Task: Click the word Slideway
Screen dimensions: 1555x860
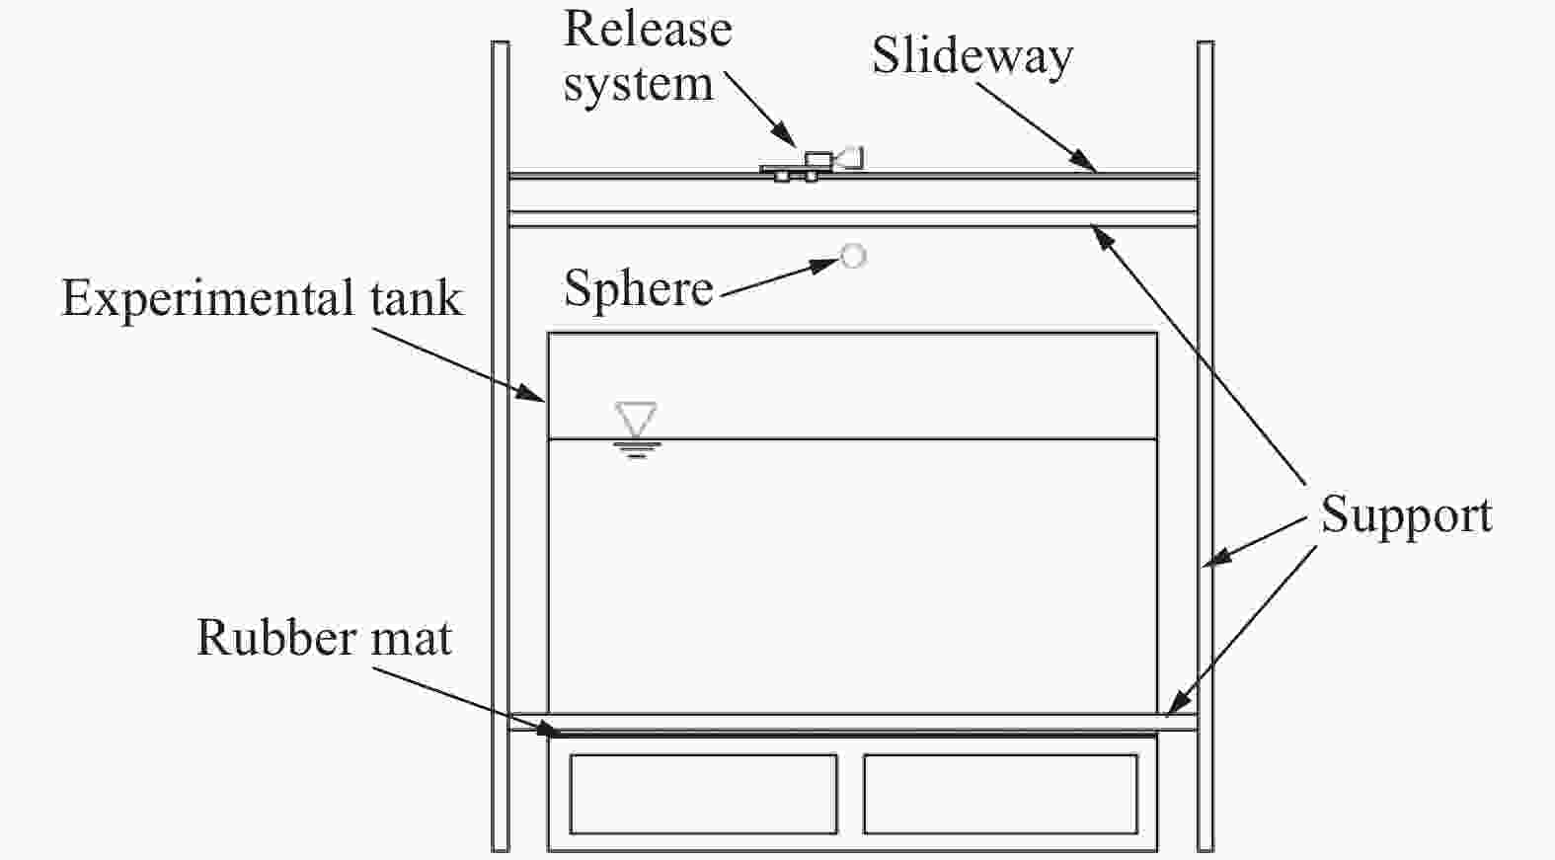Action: coord(972,56)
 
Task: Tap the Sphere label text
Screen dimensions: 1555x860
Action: coord(639,288)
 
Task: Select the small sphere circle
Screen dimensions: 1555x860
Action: coord(852,256)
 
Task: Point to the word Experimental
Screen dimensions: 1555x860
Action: coord(208,299)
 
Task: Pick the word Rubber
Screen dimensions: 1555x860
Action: coord(277,637)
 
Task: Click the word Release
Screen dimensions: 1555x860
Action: coord(648,30)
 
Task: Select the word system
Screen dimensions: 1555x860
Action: coord(639,85)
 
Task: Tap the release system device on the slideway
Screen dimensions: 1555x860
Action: coord(812,165)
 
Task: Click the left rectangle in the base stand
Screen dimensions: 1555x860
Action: coord(703,794)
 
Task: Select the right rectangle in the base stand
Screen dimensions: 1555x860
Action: coord(1000,794)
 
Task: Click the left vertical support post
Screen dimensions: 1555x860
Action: coord(500,446)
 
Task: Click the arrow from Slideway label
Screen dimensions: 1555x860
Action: coord(1037,127)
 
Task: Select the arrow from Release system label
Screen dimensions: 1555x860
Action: coord(760,109)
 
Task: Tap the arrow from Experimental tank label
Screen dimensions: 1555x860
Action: coord(459,364)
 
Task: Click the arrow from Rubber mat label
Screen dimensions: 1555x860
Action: coord(466,702)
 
